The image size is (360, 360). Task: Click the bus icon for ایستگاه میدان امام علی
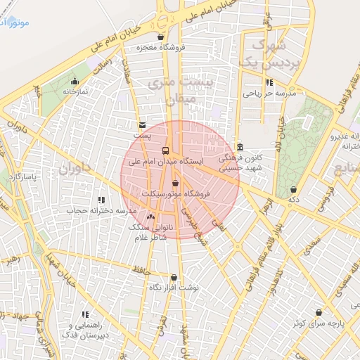[x=166, y=150]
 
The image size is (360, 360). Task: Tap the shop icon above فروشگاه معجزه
[x=161, y=37]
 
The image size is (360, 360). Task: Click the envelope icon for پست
[x=143, y=124]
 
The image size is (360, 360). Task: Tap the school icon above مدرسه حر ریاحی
[x=269, y=82]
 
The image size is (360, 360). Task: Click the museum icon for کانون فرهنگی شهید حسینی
[x=240, y=148]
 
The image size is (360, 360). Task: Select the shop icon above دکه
[x=293, y=190]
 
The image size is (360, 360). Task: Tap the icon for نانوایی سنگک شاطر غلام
[x=151, y=217]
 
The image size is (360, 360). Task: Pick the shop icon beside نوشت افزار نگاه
[x=174, y=278]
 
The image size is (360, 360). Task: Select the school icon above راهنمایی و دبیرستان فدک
[x=86, y=315]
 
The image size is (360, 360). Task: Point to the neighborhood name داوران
[x=75, y=169]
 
